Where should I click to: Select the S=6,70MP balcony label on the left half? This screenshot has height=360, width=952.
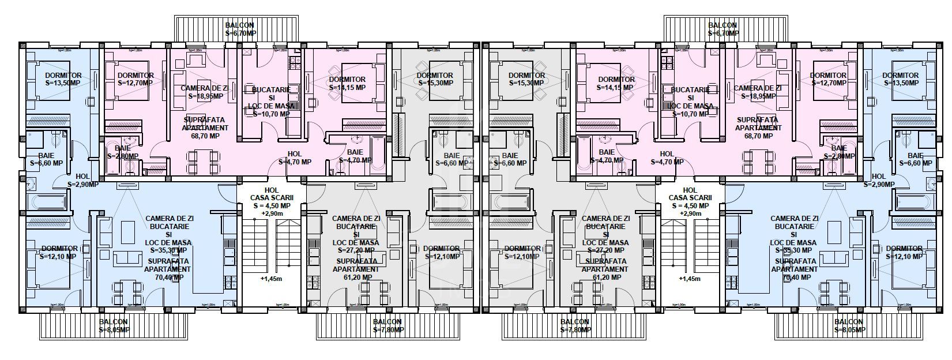click(x=240, y=33)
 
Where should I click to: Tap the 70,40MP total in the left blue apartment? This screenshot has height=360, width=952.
click(x=168, y=277)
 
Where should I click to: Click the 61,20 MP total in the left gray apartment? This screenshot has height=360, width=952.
click(x=354, y=277)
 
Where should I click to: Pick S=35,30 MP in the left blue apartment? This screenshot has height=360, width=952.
click(x=168, y=250)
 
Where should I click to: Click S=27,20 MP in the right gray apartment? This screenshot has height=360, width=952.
click(x=604, y=250)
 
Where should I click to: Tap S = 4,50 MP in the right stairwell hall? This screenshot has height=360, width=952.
click(x=689, y=206)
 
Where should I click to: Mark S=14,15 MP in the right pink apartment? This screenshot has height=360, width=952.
click(x=616, y=88)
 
